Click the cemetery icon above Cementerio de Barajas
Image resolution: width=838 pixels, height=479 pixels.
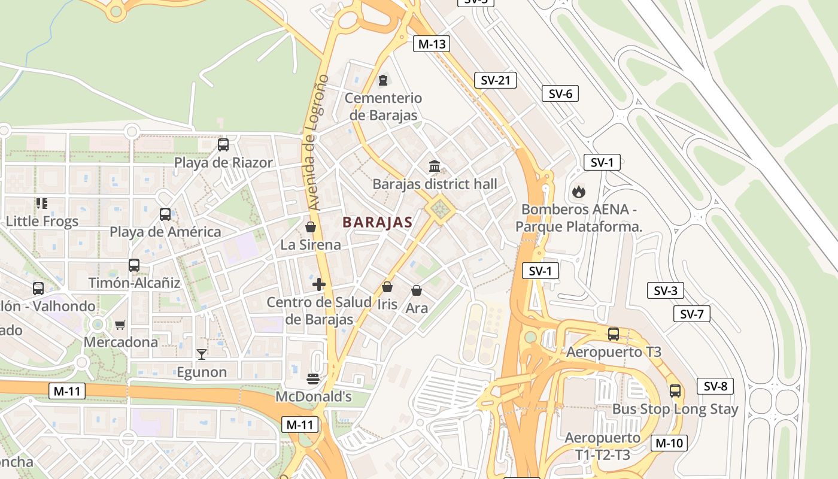coord(383,80)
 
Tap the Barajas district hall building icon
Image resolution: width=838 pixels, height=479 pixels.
coord(435,166)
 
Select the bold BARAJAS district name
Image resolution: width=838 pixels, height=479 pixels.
coord(377,222)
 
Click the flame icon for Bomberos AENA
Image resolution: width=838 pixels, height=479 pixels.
coord(578,192)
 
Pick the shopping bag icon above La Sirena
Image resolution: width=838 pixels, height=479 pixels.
coord(311,227)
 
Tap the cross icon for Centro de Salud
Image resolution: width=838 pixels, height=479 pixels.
coord(319,284)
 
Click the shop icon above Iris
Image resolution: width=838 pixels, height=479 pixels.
coord(387,287)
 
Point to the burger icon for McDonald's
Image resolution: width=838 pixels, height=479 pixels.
coord(313,378)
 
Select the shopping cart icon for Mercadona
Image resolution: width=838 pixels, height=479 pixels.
coord(120,325)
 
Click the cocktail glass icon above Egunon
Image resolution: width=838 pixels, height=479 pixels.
coord(202,354)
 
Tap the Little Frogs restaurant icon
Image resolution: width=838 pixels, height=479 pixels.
coord(41,204)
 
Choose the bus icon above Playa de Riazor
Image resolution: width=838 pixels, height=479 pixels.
coord(223,144)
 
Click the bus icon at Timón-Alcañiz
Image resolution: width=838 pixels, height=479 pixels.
coord(134,265)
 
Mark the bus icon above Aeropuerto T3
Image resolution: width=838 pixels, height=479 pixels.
coord(614,334)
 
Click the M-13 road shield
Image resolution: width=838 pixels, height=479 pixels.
coord(431,44)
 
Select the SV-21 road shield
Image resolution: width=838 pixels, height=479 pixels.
coord(495,80)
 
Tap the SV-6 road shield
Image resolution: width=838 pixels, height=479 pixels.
coord(560,93)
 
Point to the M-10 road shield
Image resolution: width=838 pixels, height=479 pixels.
coord(669,443)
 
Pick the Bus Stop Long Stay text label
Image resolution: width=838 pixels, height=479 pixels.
coord(675,409)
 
